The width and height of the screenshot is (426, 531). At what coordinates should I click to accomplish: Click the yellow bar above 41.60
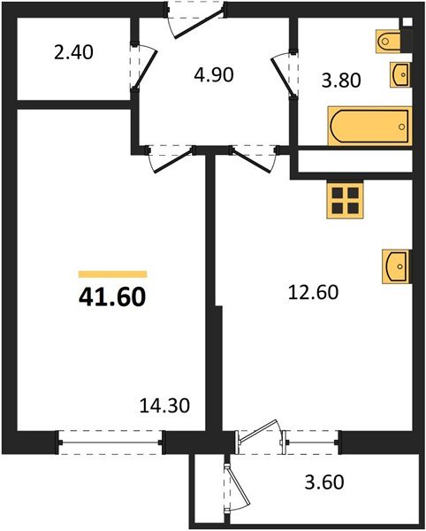coord(112,275)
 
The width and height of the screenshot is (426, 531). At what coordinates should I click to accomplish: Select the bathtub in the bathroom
coord(370,126)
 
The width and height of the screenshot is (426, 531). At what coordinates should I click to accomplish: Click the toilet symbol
coord(391,41)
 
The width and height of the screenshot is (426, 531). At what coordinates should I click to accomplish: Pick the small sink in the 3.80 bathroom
coord(399,75)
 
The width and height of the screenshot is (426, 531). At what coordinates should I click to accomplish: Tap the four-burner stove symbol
coord(346,200)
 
